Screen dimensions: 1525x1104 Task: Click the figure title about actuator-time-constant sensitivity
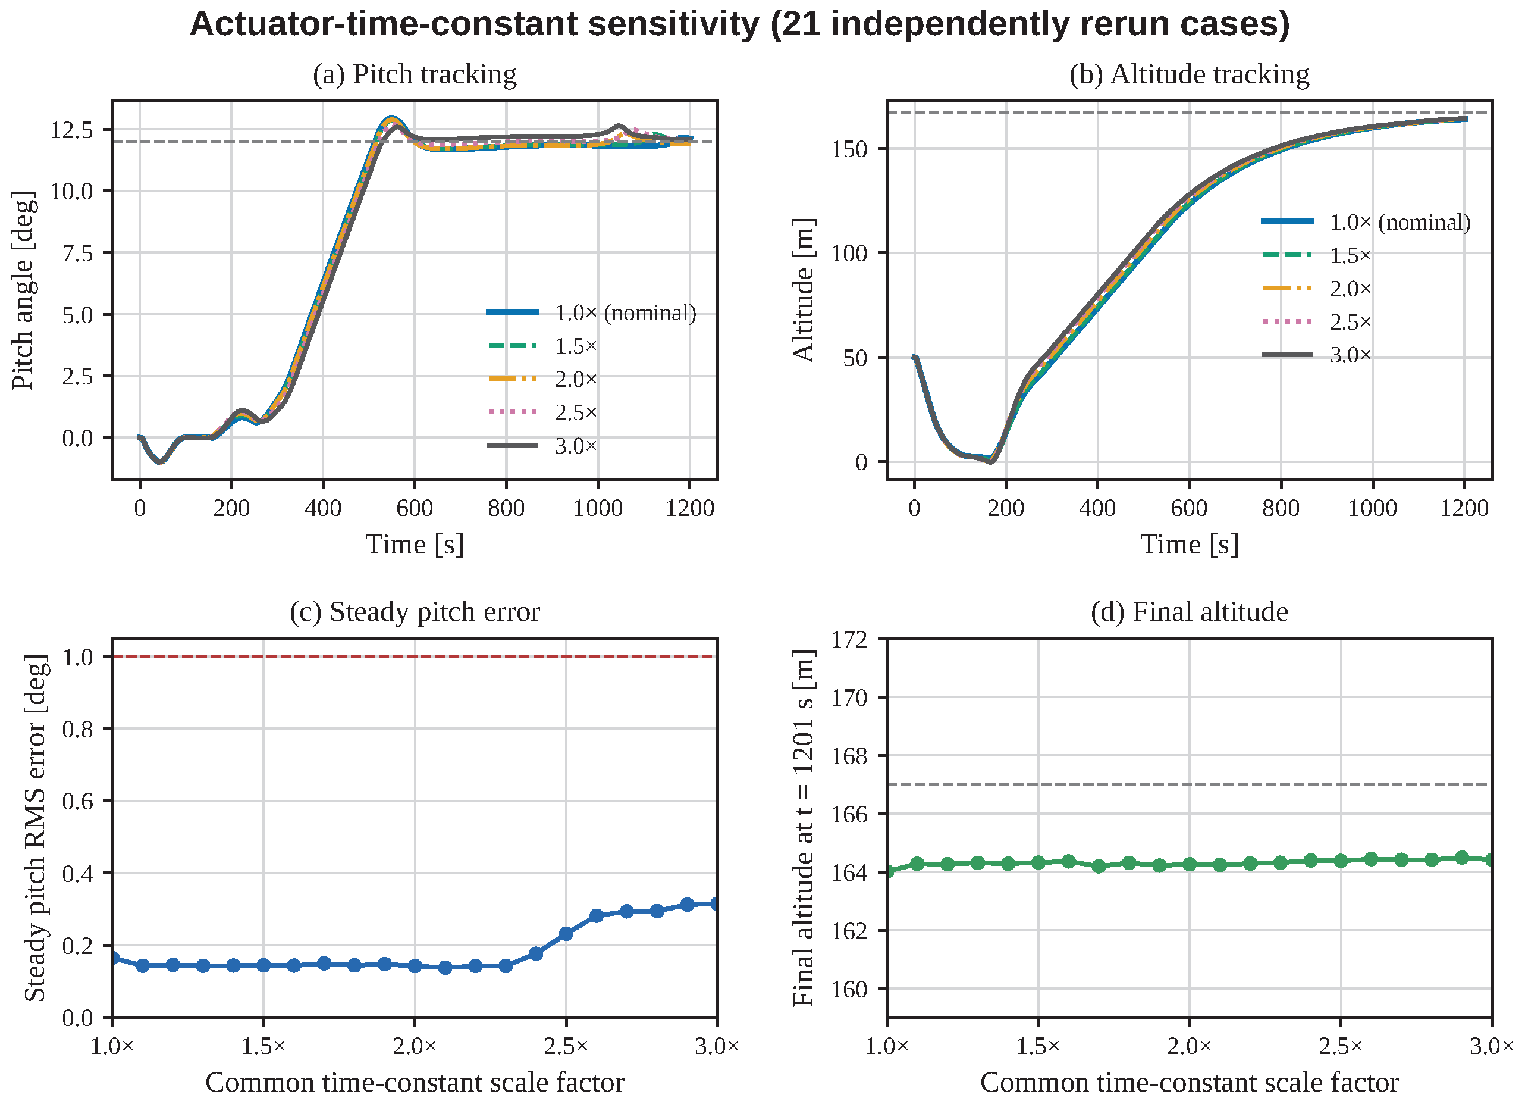tap(740, 24)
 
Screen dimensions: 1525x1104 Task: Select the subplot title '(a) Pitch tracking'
tap(415, 74)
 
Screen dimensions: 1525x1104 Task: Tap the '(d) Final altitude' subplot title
tap(1190, 612)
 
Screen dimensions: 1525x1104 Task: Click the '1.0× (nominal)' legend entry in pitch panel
tap(592, 313)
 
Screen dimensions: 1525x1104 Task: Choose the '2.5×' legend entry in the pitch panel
tap(542, 412)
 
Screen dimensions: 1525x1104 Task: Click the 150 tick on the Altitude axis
tap(849, 149)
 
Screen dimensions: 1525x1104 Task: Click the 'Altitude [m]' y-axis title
tap(804, 290)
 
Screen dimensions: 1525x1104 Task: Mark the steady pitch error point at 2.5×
tap(566, 934)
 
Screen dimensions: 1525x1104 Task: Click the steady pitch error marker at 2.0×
tap(415, 966)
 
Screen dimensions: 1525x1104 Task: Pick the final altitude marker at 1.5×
tap(1038, 862)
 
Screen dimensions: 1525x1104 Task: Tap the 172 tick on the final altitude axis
tap(849, 639)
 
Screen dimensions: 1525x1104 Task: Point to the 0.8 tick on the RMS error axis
tap(78, 729)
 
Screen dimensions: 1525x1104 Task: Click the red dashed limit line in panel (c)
tap(415, 656)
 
